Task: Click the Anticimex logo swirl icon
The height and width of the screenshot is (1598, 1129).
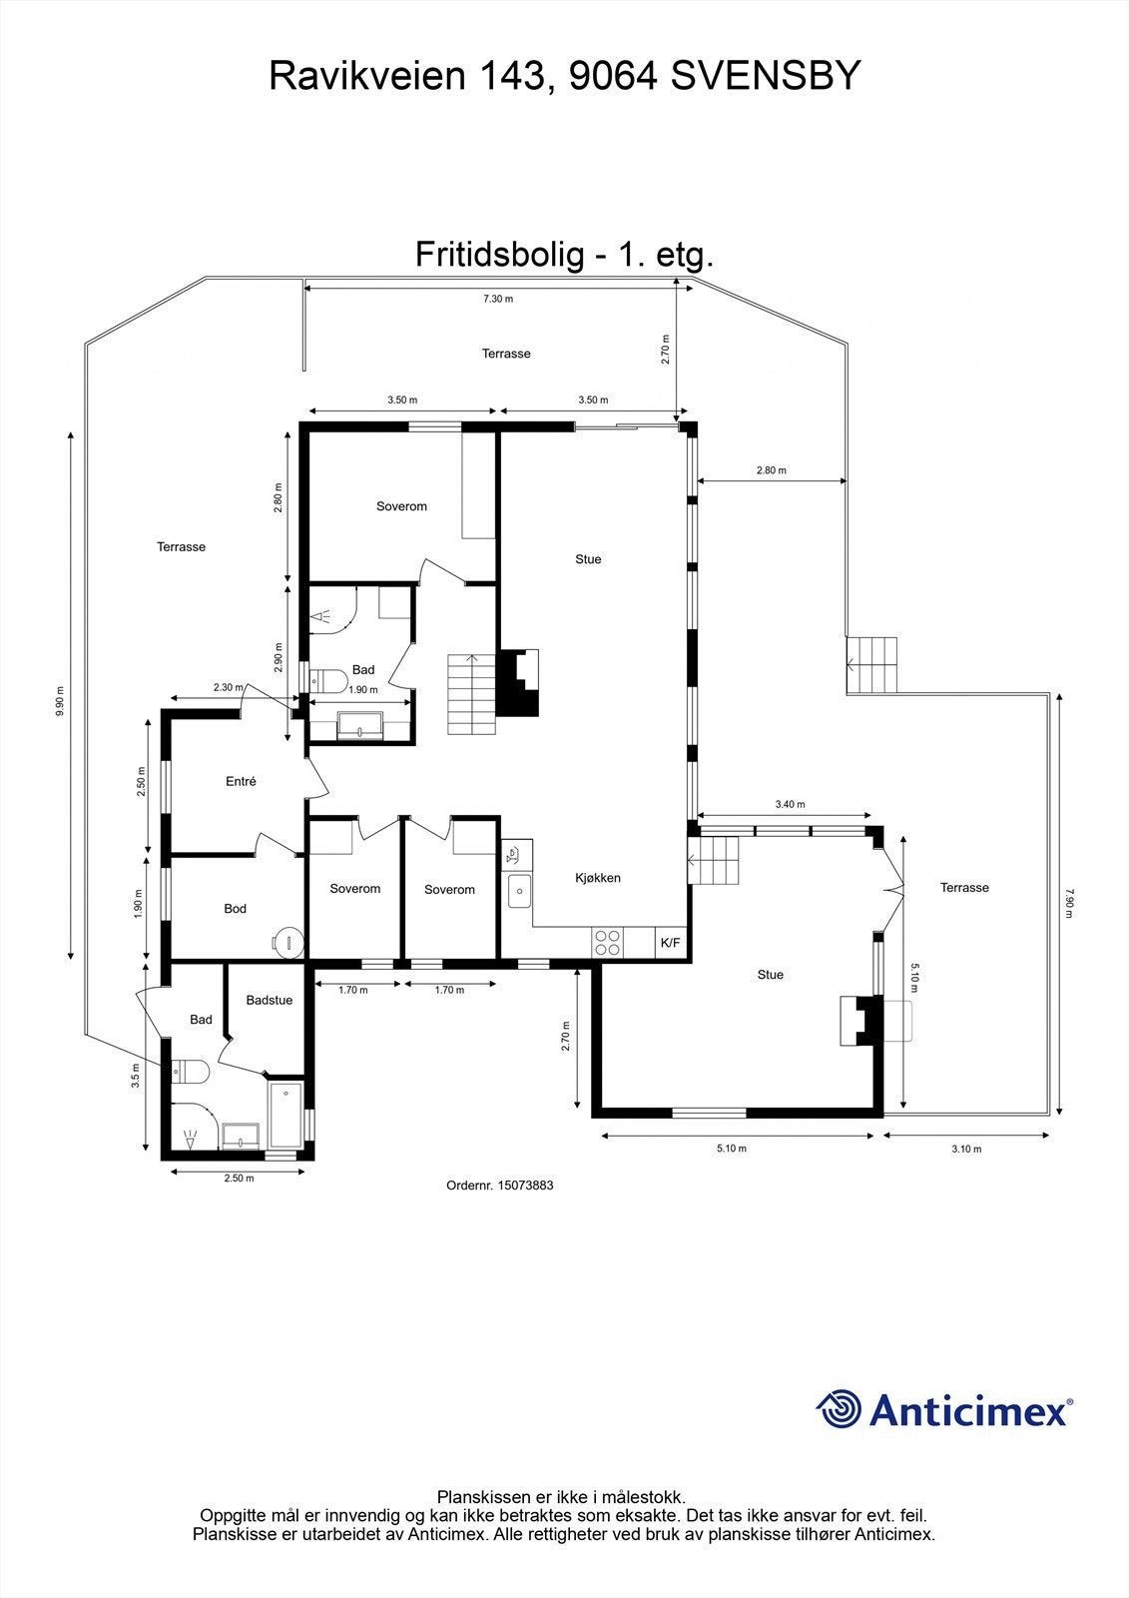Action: click(x=839, y=1409)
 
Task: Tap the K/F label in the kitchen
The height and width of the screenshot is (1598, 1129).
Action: click(x=670, y=943)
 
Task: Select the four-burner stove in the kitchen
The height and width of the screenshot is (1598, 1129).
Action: click(x=608, y=943)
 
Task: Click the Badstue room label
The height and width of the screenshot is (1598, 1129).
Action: click(x=270, y=1000)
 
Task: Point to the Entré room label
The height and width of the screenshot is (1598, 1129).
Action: click(x=241, y=782)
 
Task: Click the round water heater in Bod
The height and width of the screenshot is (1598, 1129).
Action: click(x=286, y=941)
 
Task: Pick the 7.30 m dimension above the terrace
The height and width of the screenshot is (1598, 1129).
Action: click(x=497, y=299)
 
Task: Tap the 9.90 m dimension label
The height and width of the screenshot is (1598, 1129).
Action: click(x=60, y=699)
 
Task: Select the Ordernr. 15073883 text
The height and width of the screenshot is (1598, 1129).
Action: click(x=499, y=1186)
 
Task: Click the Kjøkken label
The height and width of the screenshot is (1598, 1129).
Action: click(x=598, y=878)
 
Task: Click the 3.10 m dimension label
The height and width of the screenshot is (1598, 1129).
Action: click(x=965, y=1149)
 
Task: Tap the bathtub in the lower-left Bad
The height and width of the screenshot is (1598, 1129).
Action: click(x=286, y=1115)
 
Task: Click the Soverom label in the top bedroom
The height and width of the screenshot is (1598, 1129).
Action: click(x=401, y=506)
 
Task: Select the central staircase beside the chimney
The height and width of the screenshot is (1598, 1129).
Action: click(x=471, y=694)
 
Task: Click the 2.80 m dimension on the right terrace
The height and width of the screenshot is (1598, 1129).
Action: click(x=771, y=470)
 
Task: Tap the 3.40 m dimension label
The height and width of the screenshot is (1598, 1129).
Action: click(x=790, y=804)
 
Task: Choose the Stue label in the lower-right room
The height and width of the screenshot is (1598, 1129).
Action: click(x=770, y=975)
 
